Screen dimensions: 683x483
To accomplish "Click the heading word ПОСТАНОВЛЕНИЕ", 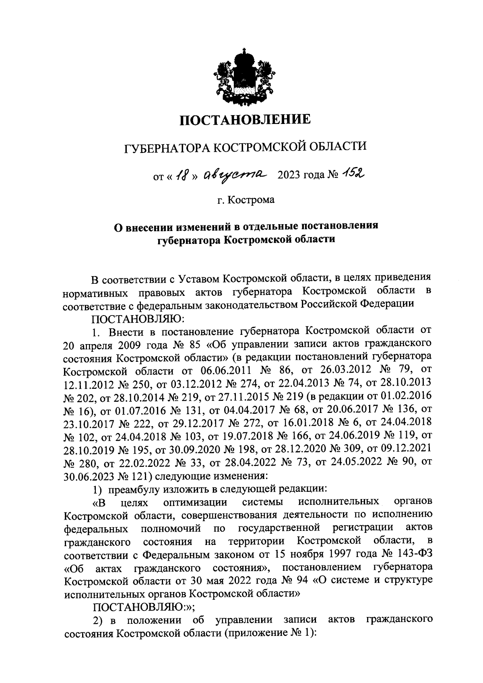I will point(245,120).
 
